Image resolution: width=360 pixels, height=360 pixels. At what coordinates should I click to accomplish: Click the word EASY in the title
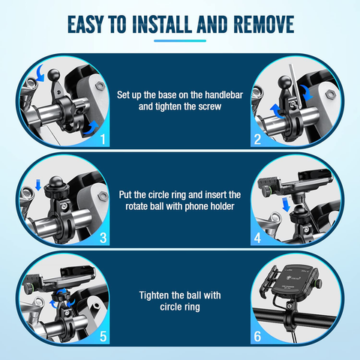(x=85, y=24)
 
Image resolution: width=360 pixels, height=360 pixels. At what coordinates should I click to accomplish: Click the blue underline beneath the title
(x=180, y=40)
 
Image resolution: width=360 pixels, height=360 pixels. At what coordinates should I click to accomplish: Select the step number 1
(x=103, y=139)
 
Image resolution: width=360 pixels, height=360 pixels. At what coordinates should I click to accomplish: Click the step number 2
(x=257, y=139)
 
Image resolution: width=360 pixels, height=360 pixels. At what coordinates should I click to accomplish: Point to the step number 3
(x=103, y=238)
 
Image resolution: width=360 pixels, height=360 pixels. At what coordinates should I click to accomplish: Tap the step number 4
(x=257, y=238)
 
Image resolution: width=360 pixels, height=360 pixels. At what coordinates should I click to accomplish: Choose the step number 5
(x=103, y=337)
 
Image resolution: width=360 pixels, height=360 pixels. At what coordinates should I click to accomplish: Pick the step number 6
(x=257, y=337)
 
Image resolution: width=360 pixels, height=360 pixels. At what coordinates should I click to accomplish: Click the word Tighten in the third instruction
(x=154, y=295)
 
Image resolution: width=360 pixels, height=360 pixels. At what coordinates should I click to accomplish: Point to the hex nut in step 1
(x=99, y=85)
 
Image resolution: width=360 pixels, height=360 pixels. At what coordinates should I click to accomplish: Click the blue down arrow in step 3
(x=38, y=184)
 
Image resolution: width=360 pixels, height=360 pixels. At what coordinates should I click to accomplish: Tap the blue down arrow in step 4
(x=286, y=204)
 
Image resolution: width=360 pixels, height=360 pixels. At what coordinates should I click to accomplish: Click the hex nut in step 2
(x=329, y=94)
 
